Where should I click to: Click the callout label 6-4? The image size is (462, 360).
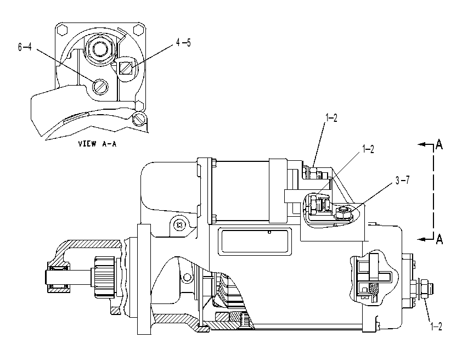tap(25, 47)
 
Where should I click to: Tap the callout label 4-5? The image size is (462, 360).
tap(183, 43)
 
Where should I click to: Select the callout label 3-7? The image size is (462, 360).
tap(403, 181)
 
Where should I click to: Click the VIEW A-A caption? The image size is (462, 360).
tap(97, 144)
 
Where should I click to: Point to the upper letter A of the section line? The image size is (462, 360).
tap(439, 144)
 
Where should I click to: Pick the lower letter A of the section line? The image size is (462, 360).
tap(439, 239)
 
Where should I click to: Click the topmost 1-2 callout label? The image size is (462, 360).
tap(331, 118)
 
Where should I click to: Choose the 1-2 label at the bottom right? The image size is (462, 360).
tap(436, 327)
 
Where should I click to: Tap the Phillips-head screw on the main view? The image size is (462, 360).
tap(179, 226)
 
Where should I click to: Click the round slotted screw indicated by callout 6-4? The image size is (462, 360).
tap(100, 87)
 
